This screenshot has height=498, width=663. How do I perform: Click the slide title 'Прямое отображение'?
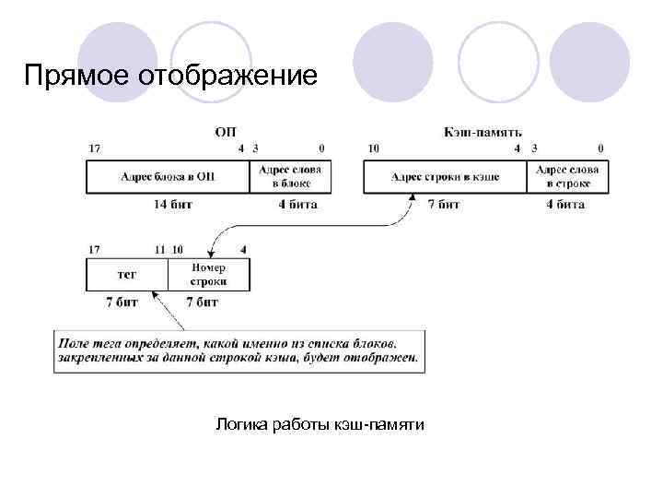(x=171, y=74)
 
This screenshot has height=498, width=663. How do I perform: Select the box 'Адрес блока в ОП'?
(x=168, y=176)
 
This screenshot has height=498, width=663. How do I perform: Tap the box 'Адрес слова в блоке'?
(x=291, y=176)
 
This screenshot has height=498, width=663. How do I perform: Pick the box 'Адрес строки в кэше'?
(x=446, y=176)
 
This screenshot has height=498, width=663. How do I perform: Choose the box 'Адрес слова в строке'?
(x=567, y=176)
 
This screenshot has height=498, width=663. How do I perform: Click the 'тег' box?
(x=127, y=274)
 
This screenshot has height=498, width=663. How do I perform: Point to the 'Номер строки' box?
(x=208, y=274)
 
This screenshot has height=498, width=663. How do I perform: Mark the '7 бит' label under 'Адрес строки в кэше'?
(x=444, y=204)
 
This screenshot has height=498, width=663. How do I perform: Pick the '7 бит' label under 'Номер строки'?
(x=202, y=302)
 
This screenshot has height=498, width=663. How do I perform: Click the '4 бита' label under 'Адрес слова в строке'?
(x=565, y=204)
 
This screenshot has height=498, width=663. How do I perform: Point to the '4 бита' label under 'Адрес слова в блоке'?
(x=297, y=204)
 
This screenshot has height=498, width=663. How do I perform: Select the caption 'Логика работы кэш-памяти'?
(x=320, y=424)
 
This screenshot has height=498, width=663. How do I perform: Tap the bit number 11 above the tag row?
(x=159, y=249)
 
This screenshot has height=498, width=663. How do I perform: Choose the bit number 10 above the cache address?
(x=373, y=148)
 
